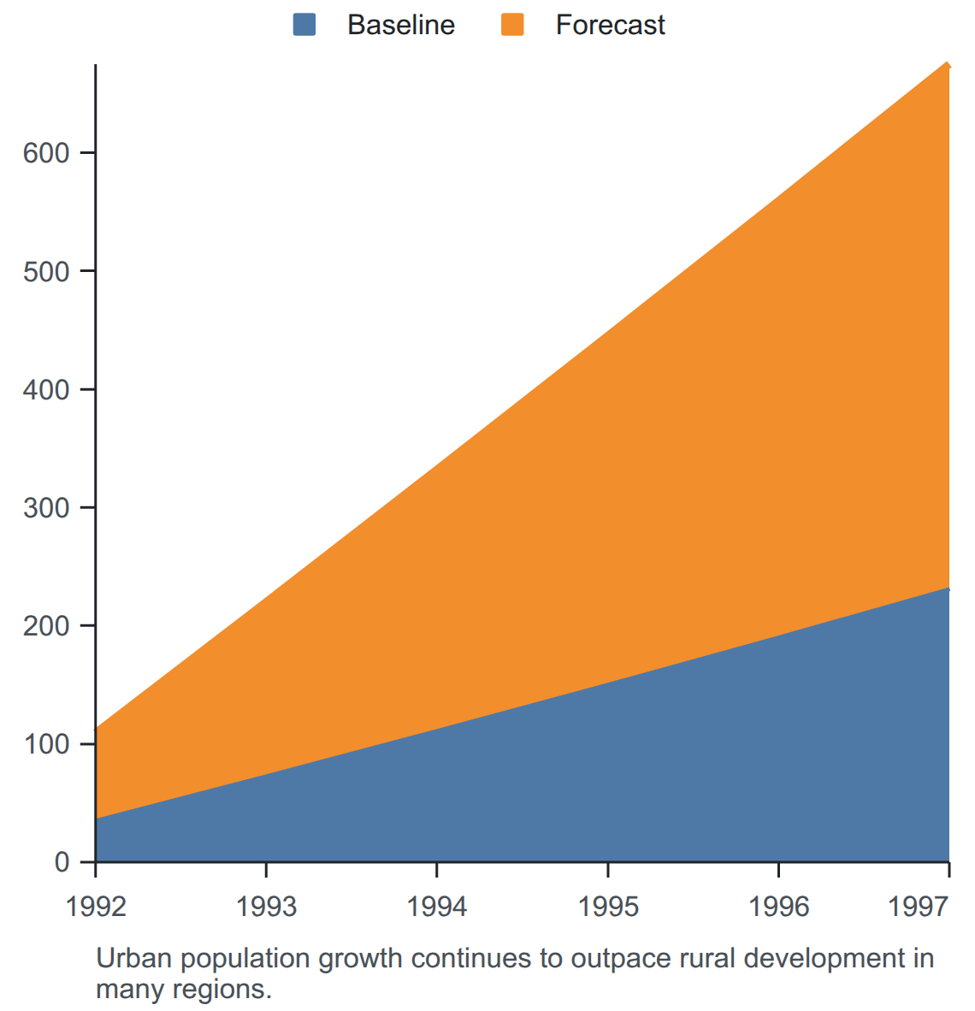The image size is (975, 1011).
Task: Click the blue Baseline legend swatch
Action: [304, 25]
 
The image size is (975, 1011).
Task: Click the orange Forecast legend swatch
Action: [512, 25]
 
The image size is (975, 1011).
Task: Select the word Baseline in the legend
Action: [401, 25]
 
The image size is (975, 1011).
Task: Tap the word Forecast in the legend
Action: [610, 25]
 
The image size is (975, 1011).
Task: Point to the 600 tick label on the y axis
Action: [46, 153]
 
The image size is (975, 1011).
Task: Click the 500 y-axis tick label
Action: [46, 271]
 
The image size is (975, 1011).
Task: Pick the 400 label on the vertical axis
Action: [46, 389]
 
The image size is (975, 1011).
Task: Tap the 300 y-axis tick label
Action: [46, 507]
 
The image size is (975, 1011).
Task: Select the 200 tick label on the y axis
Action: [46, 625]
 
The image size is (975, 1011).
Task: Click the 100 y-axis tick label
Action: [46, 744]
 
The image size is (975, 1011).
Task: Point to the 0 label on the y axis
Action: [62, 862]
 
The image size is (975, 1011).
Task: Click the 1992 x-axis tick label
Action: [96, 907]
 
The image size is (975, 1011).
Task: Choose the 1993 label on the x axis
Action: [266, 907]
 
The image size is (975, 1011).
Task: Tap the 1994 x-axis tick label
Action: [437, 907]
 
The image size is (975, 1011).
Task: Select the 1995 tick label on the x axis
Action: [608, 907]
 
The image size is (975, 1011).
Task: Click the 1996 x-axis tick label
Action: [778, 907]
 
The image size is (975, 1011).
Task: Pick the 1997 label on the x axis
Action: [919, 907]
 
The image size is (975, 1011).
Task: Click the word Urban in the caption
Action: [134, 958]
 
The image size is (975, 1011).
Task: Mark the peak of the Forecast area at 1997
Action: [948, 63]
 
